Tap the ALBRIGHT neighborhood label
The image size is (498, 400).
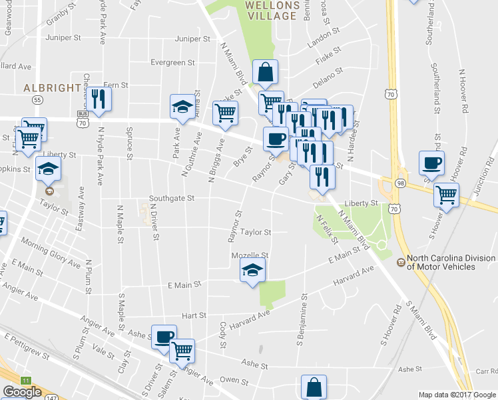click(x=48, y=88)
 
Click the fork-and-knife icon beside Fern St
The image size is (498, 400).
click(x=99, y=98)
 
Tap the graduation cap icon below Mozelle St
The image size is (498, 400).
click(x=252, y=271)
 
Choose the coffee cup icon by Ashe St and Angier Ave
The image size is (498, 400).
click(x=164, y=337)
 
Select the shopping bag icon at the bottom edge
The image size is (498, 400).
click(x=314, y=388)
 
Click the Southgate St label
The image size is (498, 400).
click(x=171, y=198)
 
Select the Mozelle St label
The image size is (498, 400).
click(x=249, y=255)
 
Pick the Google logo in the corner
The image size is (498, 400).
click(x=22, y=392)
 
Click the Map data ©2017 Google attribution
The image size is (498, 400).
click(x=457, y=395)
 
